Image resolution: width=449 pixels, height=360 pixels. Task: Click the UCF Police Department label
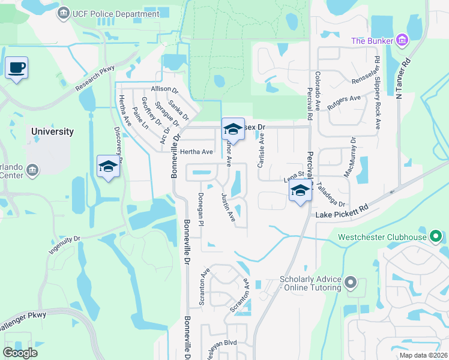click(x=115, y=13)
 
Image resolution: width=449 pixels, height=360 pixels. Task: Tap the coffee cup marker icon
click(x=16, y=67)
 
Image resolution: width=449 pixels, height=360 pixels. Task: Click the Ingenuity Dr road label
click(x=64, y=246)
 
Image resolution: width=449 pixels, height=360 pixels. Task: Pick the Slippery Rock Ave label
click(x=377, y=93)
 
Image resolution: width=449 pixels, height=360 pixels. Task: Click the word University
click(x=53, y=131)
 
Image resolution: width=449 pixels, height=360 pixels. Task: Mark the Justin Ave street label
click(x=228, y=206)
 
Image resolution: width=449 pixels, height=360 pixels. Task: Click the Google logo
click(x=20, y=352)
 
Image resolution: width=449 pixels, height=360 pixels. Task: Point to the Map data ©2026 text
click(x=423, y=355)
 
